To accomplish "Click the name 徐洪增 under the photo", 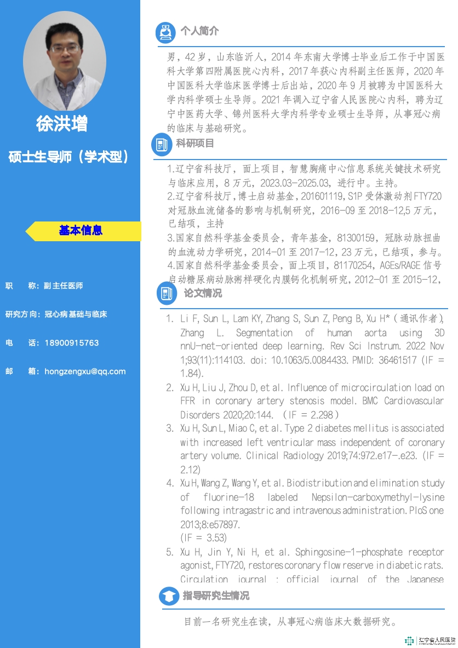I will point(61,123).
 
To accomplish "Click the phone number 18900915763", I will point(72,343).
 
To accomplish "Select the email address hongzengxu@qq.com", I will point(85,371).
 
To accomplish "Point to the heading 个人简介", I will point(199,31).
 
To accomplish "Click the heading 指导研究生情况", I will point(216,595).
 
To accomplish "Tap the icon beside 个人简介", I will point(164,32).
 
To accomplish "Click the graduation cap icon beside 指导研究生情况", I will point(169,596).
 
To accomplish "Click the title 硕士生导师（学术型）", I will point(70,157).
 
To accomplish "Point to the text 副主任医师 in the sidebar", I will point(64,286).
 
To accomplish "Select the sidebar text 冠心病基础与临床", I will point(76,315).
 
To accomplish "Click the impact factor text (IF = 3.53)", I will point(203,538).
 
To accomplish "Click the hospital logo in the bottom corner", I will point(430,640).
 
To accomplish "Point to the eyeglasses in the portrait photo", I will point(65,48).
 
